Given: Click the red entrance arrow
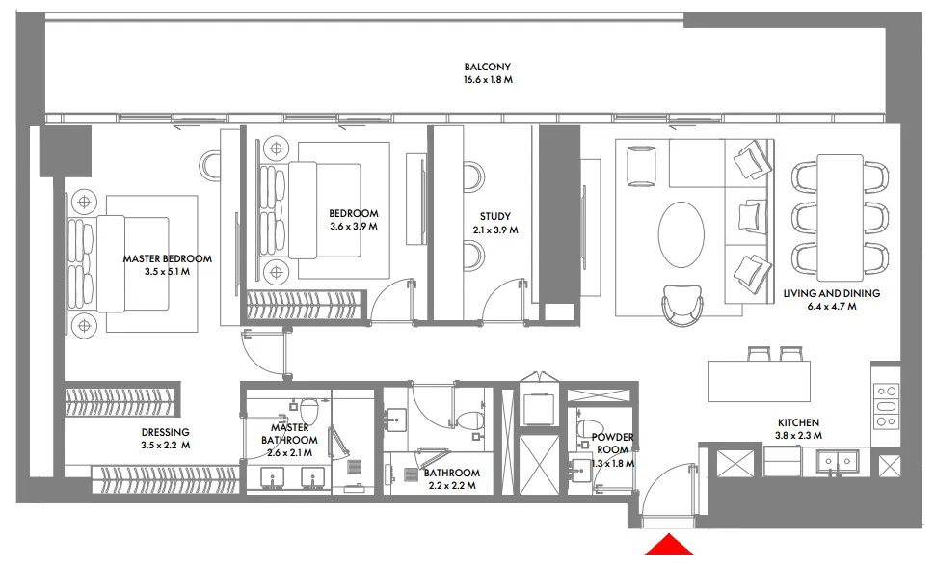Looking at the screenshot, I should point(670,546).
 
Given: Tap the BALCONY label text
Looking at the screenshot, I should point(487,68).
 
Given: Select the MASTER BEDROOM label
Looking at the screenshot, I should point(167,258).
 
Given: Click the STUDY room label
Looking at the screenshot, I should point(495,217).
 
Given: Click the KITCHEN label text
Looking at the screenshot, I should point(799,422).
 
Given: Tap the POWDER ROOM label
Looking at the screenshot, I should point(612,444).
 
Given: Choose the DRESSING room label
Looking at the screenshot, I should point(165,432).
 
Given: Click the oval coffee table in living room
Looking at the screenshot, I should point(687,234).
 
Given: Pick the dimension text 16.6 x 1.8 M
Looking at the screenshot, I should point(487,80).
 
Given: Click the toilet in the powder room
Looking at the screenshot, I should point(587,428).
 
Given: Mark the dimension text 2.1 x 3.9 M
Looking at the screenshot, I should point(495,230).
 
